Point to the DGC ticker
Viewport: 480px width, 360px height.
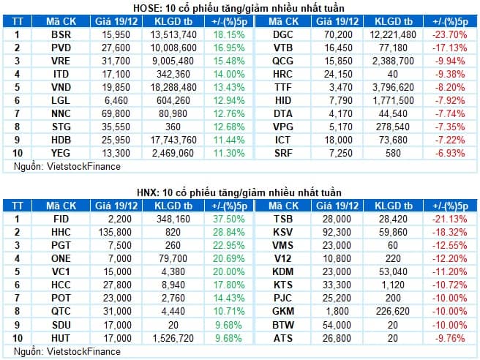(x=283, y=34)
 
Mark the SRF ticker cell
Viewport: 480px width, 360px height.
(x=283, y=153)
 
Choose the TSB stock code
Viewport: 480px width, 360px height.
(x=283, y=219)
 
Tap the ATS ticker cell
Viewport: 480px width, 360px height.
(x=283, y=337)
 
